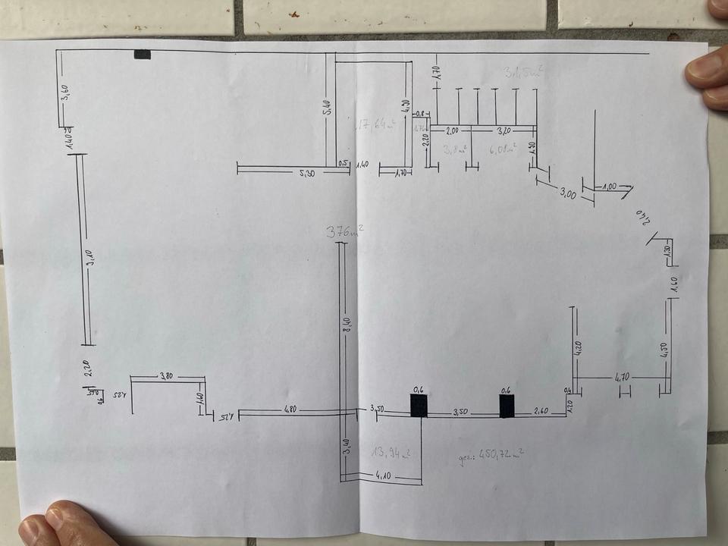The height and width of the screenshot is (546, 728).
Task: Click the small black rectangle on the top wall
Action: pyautogui.click(x=142, y=54)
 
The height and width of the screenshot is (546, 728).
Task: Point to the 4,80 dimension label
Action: pyautogui.click(x=290, y=409)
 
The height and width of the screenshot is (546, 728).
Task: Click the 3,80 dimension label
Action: pyautogui.click(x=167, y=375)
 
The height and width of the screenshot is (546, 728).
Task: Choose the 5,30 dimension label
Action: pyautogui.click(x=307, y=174)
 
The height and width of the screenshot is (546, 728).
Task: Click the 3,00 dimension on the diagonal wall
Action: pyautogui.click(x=567, y=194)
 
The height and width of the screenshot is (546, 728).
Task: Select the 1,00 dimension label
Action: pyautogui.click(x=609, y=186)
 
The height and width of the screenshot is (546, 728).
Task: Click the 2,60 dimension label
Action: pyautogui.click(x=541, y=410)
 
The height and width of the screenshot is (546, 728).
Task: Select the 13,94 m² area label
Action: pyautogui.click(x=391, y=453)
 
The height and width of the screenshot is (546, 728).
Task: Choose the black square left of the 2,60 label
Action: pyautogui.click(x=507, y=406)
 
